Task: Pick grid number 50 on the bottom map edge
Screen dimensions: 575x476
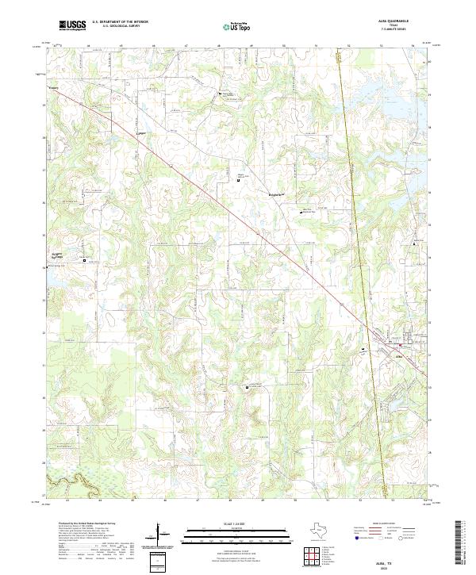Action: pyautogui.click(x=294, y=501)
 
